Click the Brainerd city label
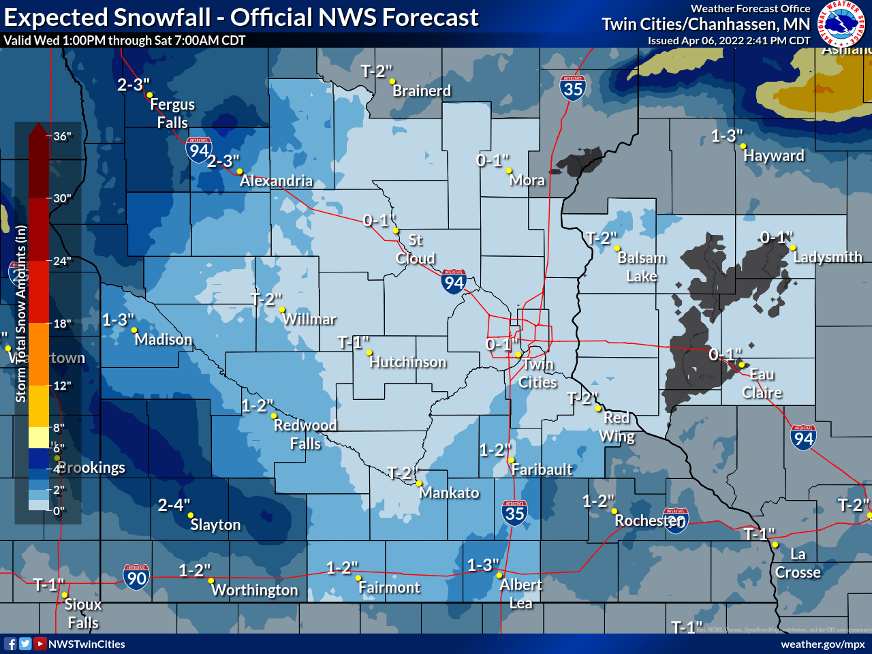422,91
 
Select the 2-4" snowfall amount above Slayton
174,505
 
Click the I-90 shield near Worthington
136,577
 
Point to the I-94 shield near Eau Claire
804,437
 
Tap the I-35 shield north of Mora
573,88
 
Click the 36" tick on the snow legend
62,136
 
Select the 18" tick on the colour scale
62,324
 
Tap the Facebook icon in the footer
10,644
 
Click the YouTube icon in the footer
40,644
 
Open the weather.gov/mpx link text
822,644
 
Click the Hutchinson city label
407,362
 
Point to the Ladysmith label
827,257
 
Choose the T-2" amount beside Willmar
266,299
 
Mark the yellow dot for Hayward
743,146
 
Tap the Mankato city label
449,493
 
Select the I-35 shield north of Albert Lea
514,513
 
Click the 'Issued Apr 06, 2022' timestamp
729,40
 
